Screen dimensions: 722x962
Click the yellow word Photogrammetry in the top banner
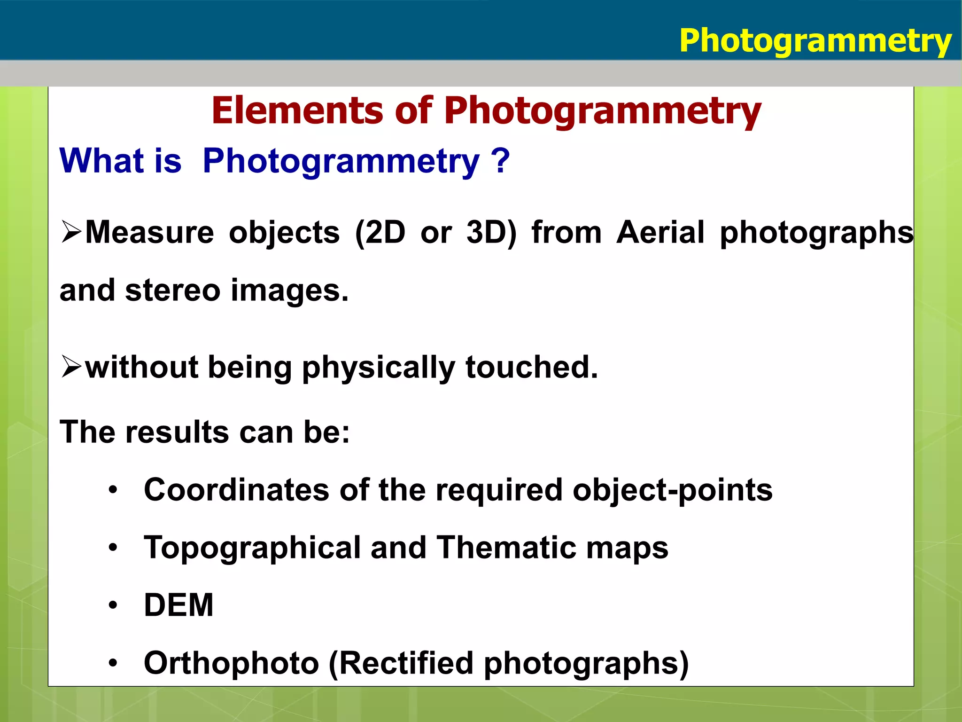[815, 41]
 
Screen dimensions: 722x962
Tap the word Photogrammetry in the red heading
[602, 112]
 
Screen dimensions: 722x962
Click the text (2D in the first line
[380, 232]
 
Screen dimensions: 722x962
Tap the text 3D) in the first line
[491, 232]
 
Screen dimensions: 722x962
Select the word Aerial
[660, 232]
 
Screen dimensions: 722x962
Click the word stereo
[172, 290]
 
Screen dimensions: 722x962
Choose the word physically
[379, 368]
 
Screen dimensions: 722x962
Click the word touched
[532, 367]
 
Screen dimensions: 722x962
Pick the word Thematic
[506, 548]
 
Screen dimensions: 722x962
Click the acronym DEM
[178, 605]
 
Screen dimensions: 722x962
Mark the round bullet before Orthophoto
[113, 663]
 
